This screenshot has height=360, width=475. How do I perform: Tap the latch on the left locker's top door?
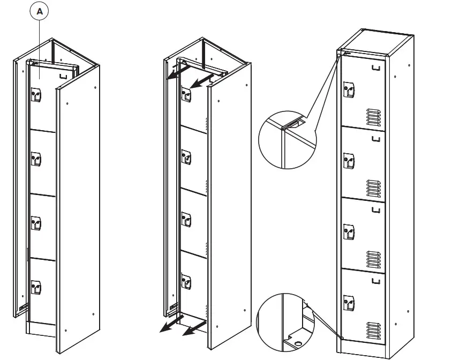[x=36, y=95]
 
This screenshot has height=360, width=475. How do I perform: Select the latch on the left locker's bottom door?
[x=36, y=287]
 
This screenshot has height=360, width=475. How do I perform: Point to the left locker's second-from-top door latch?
[x=36, y=159]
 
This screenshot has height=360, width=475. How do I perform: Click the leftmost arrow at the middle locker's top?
[x=174, y=73]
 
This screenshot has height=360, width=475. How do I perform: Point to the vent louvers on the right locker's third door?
[x=374, y=259]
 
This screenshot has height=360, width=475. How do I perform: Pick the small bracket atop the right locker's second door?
[x=376, y=139]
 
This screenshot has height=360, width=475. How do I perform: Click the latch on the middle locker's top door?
[x=186, y=95]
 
